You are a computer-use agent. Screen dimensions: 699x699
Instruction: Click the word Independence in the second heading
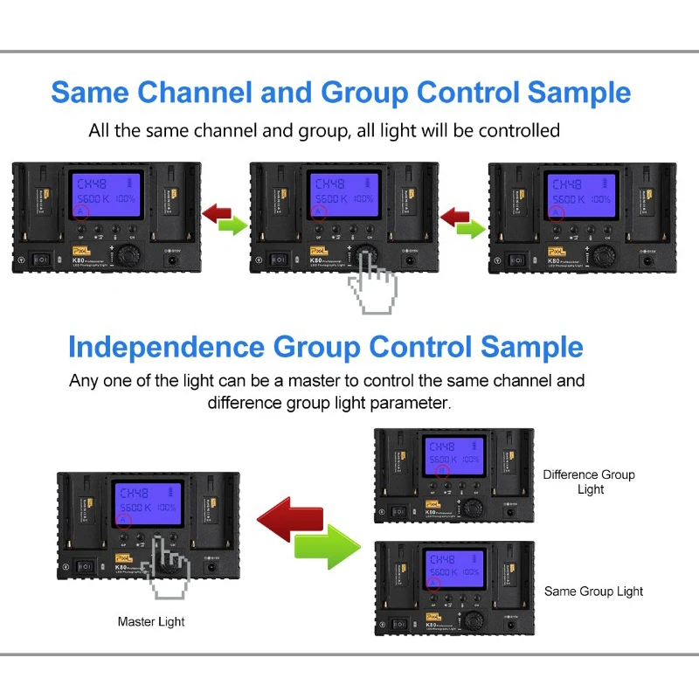pos(166,347)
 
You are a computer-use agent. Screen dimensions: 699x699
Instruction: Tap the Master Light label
pos(151,622)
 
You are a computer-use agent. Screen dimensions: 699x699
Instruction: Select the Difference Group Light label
pos(589,481)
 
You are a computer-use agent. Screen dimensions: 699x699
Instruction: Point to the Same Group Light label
pos(593,592)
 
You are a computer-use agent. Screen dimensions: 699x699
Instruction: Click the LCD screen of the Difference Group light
pos(453,460)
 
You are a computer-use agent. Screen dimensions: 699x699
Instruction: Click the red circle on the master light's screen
pos(123,522)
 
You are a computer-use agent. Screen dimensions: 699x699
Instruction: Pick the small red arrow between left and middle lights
pos(215,212)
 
